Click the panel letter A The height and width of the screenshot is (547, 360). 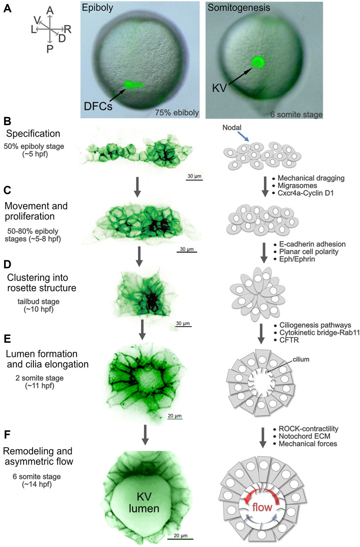8,9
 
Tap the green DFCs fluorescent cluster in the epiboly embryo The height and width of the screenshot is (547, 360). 132,84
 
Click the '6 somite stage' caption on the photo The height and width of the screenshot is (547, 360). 296,114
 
